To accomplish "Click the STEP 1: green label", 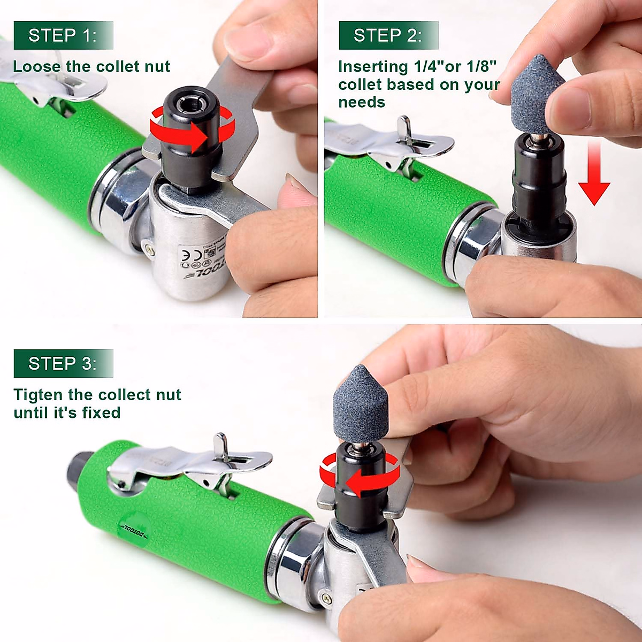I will click(63, 35).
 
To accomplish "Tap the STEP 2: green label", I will click(388, 35).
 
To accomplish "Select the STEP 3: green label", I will click(63, 364).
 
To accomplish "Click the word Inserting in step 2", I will click(373, 66).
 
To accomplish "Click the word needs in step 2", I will click(362, 102).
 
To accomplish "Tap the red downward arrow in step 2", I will click(594, 177).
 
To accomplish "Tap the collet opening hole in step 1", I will click(192, 105).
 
